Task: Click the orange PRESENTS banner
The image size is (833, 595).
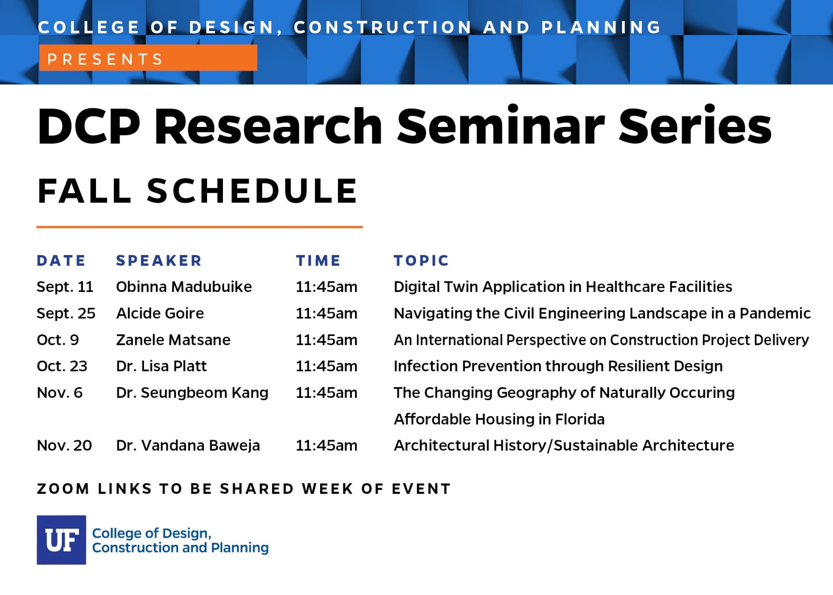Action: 148,58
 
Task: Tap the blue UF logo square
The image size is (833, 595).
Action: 61,540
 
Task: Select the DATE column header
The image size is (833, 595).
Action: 61,261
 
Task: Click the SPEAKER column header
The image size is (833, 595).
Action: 159,261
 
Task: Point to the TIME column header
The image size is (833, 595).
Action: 318,261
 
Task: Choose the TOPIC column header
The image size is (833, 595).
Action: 421,261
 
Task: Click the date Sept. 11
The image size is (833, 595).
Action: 65,287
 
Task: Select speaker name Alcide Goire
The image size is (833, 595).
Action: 160,313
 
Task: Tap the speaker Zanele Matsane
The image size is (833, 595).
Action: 173,340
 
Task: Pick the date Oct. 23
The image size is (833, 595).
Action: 62,366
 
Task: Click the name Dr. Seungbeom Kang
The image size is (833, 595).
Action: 192,393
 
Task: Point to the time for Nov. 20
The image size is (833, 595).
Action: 327,445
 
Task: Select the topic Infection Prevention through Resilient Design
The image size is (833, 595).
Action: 558,366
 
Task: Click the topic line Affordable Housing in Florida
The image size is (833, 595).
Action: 499,419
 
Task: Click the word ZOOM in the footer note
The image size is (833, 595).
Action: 63,488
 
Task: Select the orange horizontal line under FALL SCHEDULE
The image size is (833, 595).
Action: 199,227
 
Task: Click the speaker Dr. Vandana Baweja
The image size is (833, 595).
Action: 188,446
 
